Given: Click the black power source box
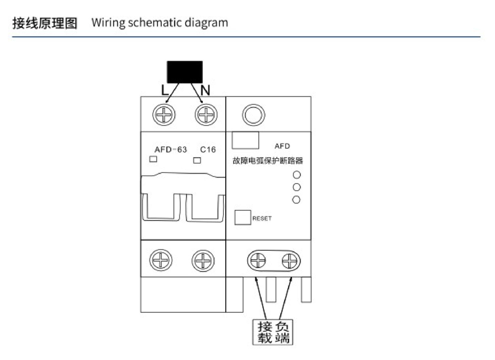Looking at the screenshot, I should click(184, 71).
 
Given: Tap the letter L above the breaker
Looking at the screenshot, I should click(165, 90).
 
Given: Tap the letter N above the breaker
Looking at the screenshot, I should click(205, 90).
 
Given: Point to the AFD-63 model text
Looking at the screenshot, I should click(171, 149).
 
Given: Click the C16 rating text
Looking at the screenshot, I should click(208, 149).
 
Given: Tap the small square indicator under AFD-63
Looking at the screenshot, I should click(153, 159).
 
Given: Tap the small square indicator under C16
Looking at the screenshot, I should click(198, 159).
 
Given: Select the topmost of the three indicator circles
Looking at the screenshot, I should click(297, 175).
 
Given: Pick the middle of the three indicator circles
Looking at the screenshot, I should click(297, 187).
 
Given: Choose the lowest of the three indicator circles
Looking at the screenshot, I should click(297, 199).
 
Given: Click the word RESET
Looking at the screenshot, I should click(262, 218).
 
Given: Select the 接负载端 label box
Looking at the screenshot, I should click(273, 332).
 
